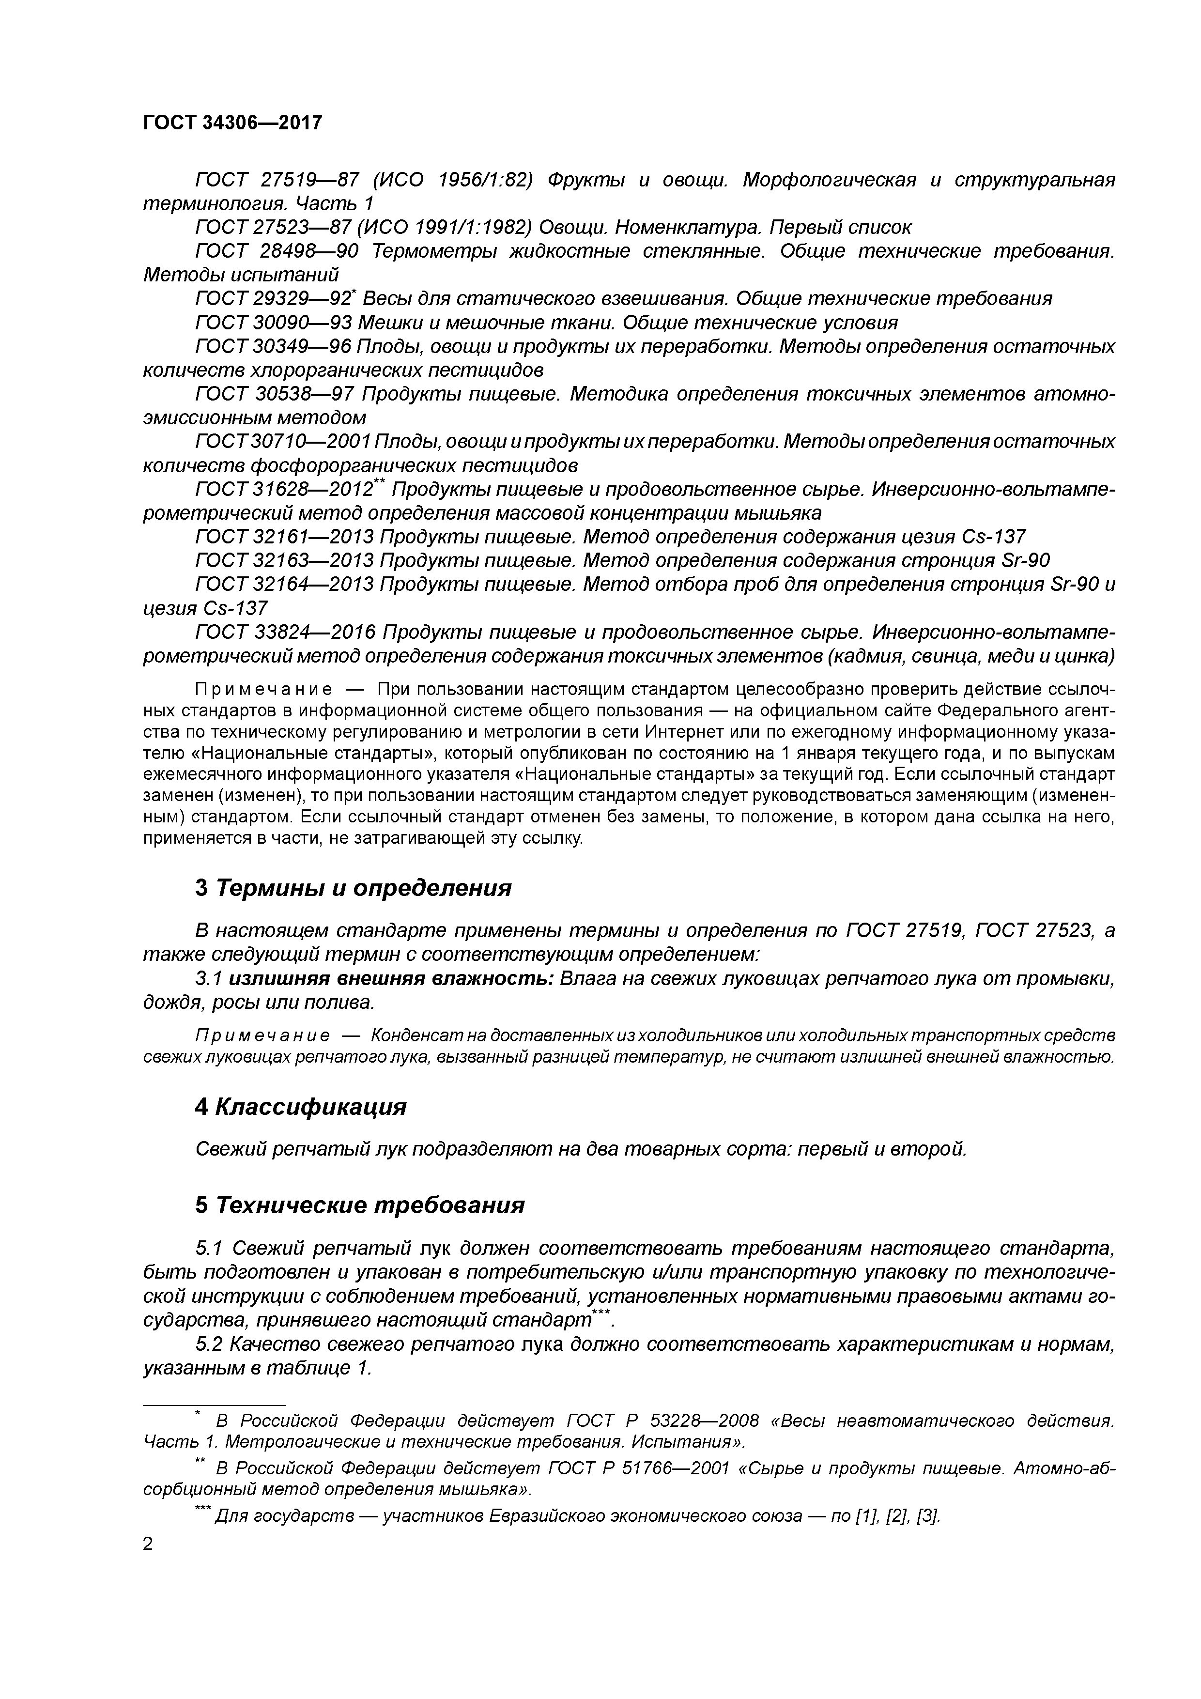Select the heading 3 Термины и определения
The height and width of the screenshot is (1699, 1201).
(x=353, y=887)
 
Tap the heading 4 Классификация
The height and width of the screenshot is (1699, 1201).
(x=300, y=1106)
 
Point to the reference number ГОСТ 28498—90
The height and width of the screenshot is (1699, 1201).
(x=277, y=251)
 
